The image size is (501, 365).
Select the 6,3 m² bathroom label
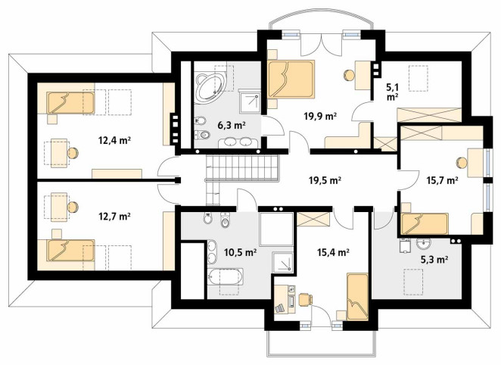tap(232, 125)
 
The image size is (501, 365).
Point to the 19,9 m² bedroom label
tap(320, 117)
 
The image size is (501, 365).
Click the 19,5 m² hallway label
tap(325, 180)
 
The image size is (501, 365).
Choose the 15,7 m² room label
tap(443, 180)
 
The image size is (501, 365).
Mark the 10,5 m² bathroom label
tap(241, 252)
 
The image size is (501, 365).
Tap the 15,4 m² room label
tap(333, 252)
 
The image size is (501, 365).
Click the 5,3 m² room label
tap(434, 260)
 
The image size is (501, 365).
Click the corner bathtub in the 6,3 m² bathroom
tap(210, 87)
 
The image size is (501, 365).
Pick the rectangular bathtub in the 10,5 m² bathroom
tap(226, 277)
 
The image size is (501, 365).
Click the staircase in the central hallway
tap(242, 173)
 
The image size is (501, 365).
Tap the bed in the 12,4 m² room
tap(70, 103)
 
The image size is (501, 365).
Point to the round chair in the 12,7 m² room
tap(73, 207)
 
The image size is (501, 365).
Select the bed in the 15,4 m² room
tap(357, 297)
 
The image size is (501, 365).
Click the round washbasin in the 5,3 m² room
tap(424, 245)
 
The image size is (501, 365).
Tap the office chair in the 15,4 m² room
tap(306, 300)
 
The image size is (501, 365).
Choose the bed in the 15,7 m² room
tap(425, 223)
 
